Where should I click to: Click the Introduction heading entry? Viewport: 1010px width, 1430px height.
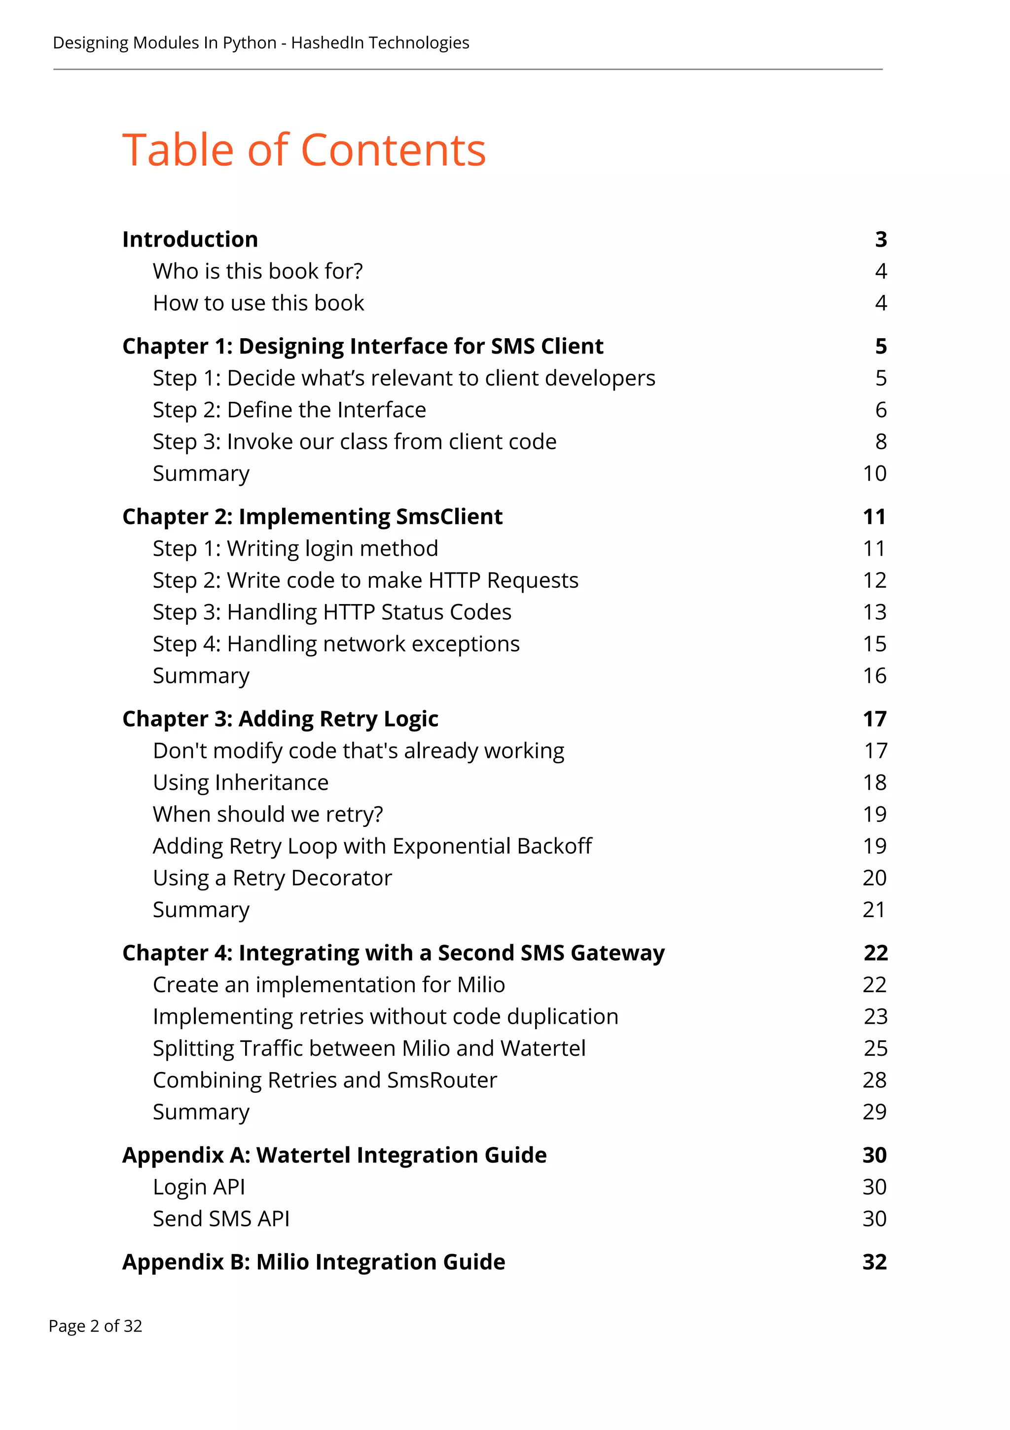190,239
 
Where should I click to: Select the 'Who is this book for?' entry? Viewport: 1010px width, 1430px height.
258,271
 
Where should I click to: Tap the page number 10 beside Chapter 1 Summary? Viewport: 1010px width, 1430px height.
874,473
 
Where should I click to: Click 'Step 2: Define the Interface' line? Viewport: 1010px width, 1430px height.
289,410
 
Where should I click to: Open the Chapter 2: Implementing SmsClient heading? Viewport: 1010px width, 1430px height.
312,516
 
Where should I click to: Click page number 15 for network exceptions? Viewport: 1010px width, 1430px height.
874,643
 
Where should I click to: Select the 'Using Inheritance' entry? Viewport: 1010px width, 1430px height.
241,782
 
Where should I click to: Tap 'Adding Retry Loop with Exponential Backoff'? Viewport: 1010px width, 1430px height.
372,846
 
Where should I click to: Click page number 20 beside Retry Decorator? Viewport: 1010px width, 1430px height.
874,878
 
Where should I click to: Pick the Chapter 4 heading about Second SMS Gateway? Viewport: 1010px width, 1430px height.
393,953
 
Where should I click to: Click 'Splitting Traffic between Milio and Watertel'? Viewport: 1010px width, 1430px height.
369,1048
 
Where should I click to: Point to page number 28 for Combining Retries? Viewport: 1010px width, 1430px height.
874,1080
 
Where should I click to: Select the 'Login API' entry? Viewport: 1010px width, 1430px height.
199,1186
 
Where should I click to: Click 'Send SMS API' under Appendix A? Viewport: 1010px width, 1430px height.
221,1218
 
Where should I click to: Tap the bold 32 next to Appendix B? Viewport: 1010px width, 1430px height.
874,1262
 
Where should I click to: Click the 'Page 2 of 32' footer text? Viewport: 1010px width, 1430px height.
95,1326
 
